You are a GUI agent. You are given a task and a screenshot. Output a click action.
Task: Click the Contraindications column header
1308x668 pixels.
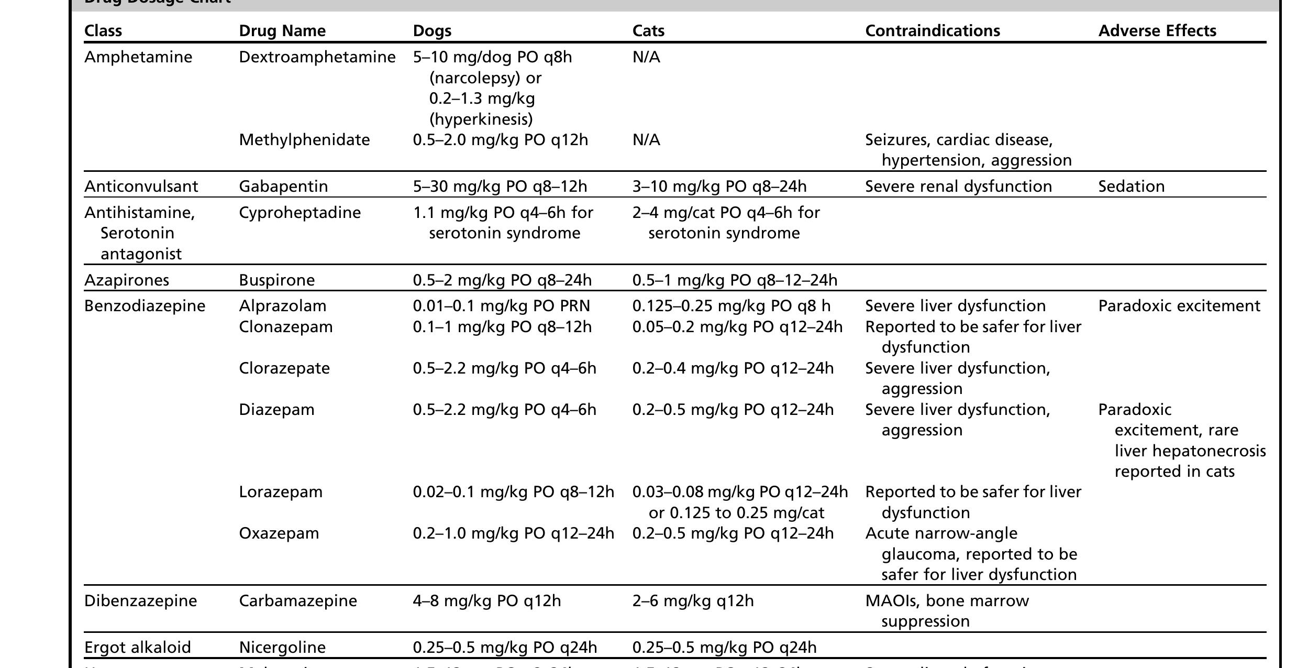(x=932, y=31)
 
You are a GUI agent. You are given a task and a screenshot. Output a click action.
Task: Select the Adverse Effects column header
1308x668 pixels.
(x=1157, y=31)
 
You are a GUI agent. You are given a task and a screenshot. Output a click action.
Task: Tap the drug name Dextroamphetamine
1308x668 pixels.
(x=317, y=57)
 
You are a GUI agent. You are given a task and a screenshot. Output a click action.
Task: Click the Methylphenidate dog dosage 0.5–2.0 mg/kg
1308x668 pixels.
(x=500, y=140)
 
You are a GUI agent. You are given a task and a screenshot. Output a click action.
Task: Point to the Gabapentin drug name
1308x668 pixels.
(x=283, y=187)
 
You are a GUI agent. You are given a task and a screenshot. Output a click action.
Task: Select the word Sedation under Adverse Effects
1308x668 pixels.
(x=1131, y=187)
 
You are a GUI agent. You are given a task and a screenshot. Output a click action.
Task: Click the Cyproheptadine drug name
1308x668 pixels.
(x=300, y=213)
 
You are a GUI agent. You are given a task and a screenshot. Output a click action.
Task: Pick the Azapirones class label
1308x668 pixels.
(x=127, y=280)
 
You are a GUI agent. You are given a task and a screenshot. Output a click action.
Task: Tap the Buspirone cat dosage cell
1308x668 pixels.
(x=734, y=280)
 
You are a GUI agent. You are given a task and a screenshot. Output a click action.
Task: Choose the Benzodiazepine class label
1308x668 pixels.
(x=145, y=306)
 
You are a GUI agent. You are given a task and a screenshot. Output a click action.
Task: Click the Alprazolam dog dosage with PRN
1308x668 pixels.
(x=501, y=306)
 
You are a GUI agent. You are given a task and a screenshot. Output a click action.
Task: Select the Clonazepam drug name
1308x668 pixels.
(x=285, y=327)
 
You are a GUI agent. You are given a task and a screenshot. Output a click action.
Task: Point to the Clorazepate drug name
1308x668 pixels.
(x=284, y=368)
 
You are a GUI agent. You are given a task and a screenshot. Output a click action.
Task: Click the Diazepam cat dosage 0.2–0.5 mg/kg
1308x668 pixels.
(x=733, y=410)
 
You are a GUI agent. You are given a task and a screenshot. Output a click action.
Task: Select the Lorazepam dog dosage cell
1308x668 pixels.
(x=513, y=492)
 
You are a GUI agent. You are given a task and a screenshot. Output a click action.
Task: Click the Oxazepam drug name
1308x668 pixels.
(x=279, y=533)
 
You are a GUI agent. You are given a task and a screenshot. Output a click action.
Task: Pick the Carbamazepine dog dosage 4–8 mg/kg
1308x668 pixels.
(x=486, y=601)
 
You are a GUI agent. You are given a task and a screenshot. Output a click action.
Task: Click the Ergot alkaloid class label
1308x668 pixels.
(x=137, y=648)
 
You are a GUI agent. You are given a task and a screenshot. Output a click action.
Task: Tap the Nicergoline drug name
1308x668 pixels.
(x=282, y=648)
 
